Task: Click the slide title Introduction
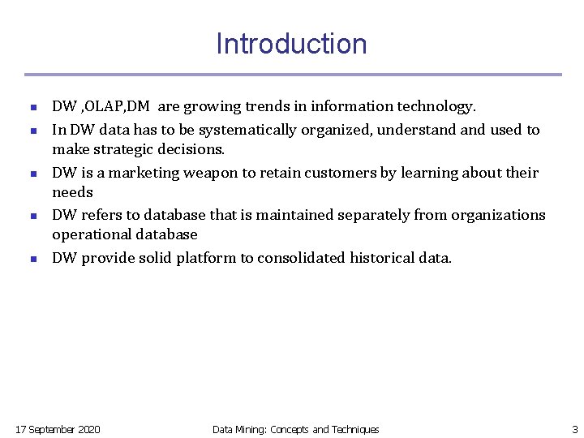click(x=291, y=44)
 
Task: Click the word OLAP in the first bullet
click(x=104, y=107)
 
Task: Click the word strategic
click(x=125, y=149)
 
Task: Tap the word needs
click(x=72, y=193)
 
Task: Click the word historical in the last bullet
click(x=381, y=258)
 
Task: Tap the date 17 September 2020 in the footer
click(x=58, y=429)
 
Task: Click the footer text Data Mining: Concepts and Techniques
click(x=295, y=429)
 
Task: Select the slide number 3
click(x=574, y=429)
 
